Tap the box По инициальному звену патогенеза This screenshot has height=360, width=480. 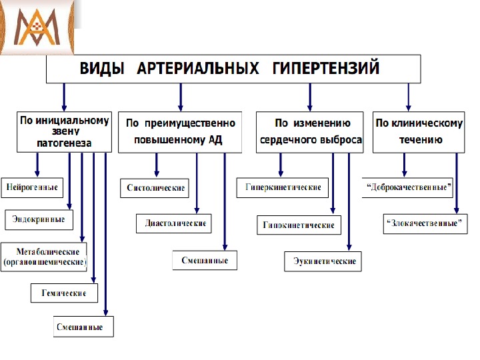(x=64, y=131)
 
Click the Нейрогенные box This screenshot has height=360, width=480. (x=32, y=187)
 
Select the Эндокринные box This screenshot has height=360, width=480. (x=39, y=219)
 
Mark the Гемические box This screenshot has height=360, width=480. (x=64, y=293)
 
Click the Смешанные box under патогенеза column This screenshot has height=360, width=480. (x=83, y=327)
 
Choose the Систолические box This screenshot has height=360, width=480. (x=155, y=188)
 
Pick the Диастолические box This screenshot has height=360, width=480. (x=175, y=223)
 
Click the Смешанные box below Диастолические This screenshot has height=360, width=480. (x=205, y=260)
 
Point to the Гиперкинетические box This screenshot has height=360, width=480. (x=283, y=187)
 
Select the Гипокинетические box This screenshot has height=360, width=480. (x=299, y=225)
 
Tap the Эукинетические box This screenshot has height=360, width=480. (x=324, y=261)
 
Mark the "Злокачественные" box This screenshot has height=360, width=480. (x=425, y=223)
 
